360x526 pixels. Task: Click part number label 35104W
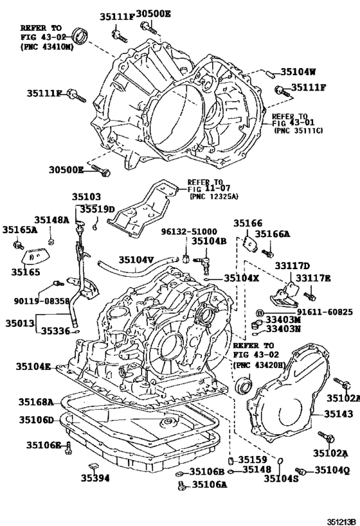point(298,72)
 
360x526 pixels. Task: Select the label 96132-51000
point(189,231)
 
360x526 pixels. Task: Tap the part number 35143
point(338,414)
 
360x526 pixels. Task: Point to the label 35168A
point(36,401)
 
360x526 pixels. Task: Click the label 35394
point(95,478)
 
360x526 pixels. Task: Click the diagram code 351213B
point(341,522)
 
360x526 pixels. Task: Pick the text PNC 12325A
point(214,197)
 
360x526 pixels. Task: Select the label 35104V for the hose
point(136,259)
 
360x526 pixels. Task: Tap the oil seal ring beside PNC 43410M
point(80,36)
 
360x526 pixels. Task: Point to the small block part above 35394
point(93,466)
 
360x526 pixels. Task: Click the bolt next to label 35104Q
point(300,471)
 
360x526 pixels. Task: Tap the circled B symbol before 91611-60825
point(259,313)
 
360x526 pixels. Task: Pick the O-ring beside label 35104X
point(207,279)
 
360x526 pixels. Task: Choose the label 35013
point(19,324)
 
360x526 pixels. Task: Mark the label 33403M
point(283,320)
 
